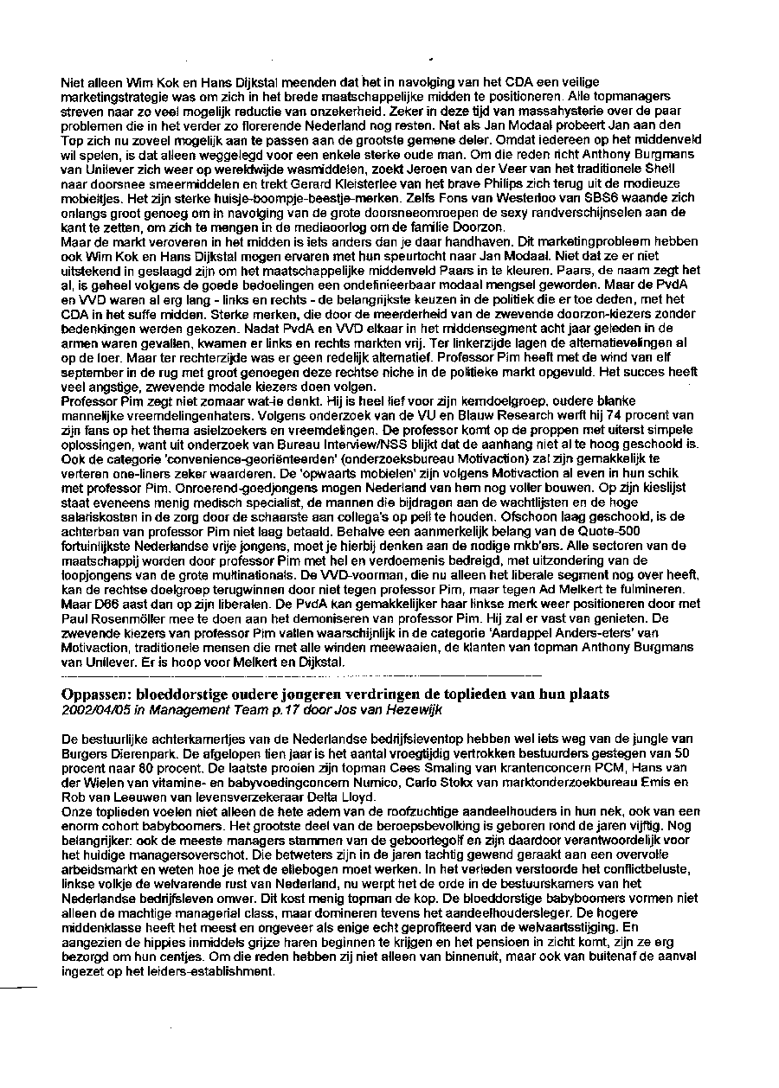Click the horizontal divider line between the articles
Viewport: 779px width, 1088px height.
point(302,673)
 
